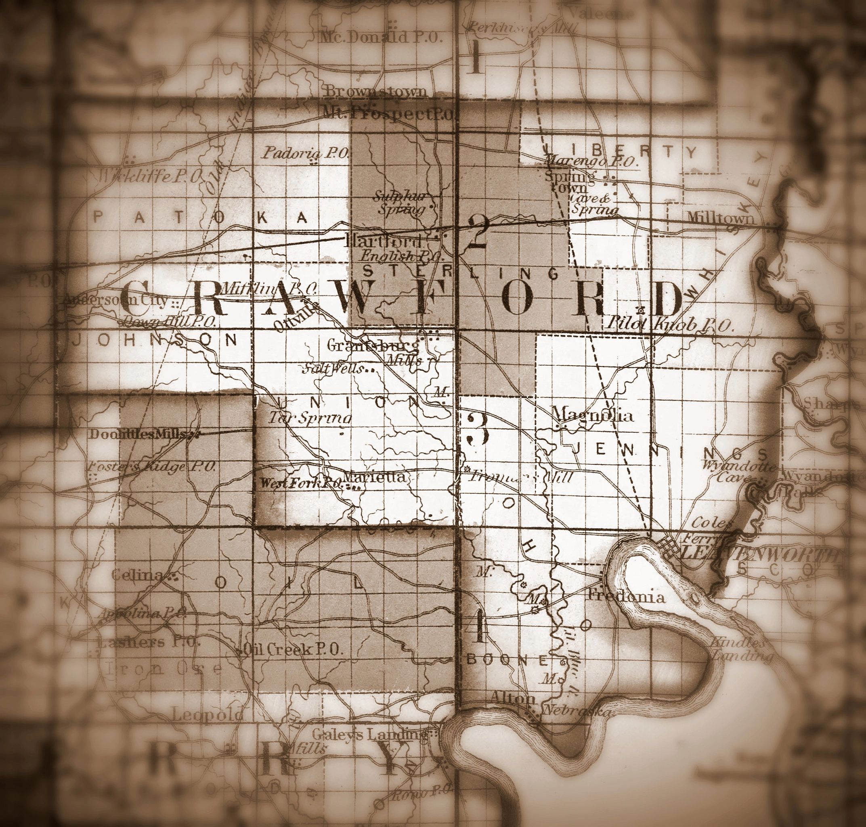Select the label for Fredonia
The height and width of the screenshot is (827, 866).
point(627,597)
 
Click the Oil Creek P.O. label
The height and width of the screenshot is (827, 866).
point(293,649)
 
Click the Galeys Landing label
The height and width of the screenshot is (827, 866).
point(369,734)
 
